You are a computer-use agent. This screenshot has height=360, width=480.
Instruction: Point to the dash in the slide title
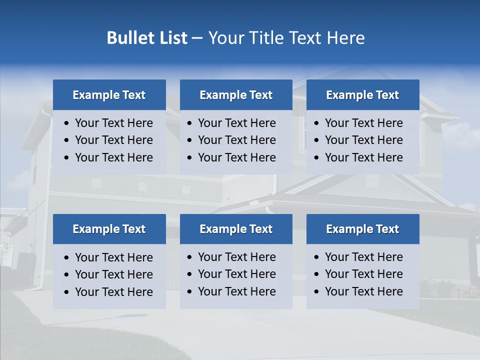197,38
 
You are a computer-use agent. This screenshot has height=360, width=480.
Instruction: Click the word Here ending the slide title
345,38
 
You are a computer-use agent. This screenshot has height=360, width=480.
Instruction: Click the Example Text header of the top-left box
109,95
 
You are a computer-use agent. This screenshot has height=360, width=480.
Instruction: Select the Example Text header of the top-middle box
236,95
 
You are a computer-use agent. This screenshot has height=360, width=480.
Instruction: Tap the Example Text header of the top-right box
362,95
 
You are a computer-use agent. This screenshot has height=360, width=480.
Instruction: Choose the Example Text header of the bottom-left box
109,229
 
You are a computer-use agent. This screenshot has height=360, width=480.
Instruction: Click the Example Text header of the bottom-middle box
236,229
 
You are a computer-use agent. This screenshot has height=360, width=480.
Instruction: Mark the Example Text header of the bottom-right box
362,229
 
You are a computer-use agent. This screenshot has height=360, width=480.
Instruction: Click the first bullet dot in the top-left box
67,123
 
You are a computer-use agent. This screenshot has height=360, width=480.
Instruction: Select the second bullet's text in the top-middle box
236,140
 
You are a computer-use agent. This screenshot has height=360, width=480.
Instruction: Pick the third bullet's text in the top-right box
363,157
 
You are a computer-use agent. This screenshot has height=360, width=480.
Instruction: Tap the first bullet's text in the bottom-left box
113,257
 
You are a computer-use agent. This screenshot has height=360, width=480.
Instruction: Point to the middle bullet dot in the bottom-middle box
190,274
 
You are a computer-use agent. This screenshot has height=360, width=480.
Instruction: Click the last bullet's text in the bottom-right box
363,291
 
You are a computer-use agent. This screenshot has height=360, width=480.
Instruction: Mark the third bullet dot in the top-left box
67,158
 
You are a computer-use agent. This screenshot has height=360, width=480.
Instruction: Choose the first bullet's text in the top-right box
363,123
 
